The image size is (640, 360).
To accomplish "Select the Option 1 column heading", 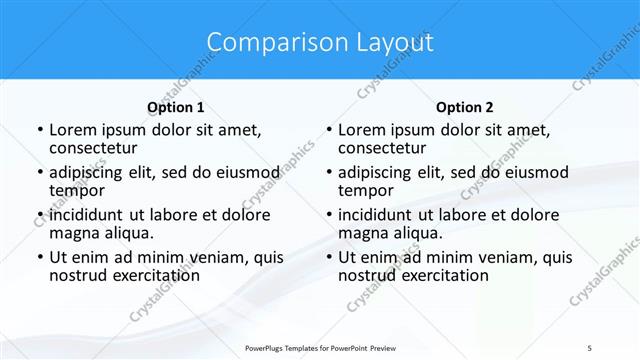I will click(x=175, y=107).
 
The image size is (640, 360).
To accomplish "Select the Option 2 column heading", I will click(x=464, y=107).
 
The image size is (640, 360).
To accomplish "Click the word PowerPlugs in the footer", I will click(x=267, y=346).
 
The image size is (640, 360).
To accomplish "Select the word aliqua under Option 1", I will click(x=128, y=233).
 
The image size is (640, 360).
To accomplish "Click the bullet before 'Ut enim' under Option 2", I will click(x=328, y=257).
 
